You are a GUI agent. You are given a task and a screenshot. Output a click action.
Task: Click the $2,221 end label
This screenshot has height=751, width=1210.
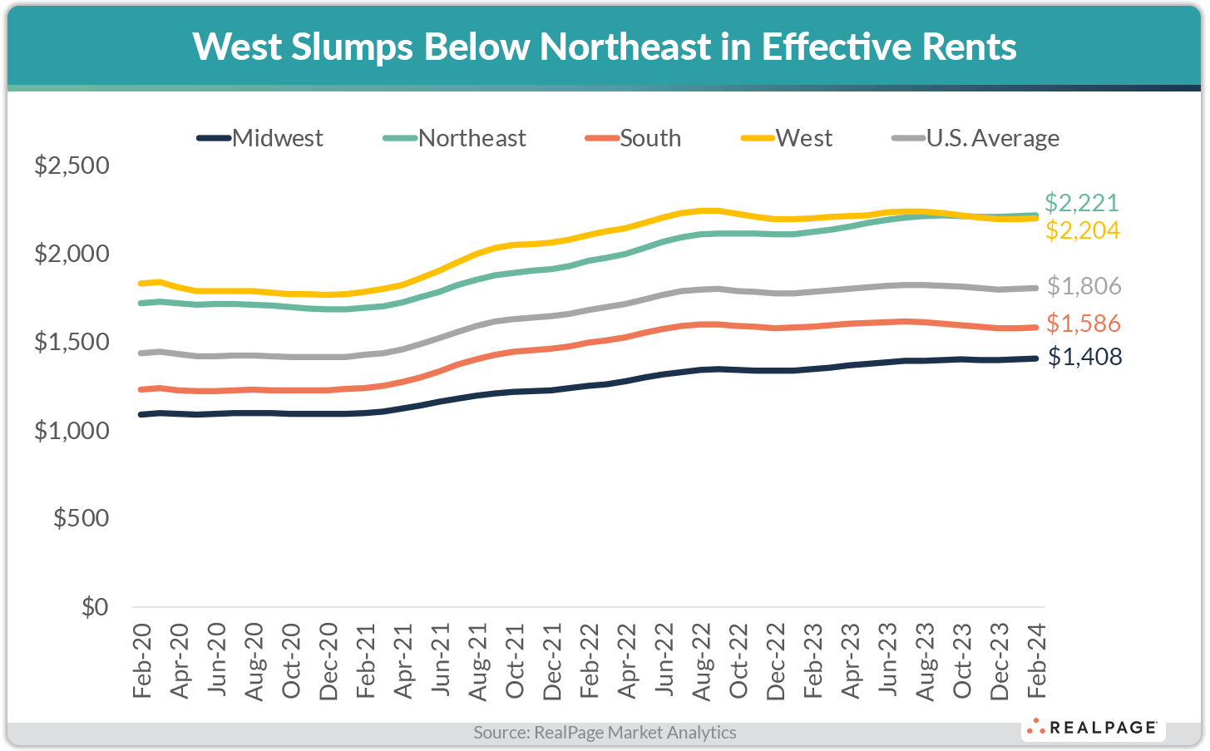pyautogui.click(x=1082, y=203)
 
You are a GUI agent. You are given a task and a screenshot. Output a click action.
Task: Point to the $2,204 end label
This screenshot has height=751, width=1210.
pyautogui.click(x=1082, y=230)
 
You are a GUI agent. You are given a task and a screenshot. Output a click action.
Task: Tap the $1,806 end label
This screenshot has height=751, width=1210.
pyautogui.click(x=1084, y=286)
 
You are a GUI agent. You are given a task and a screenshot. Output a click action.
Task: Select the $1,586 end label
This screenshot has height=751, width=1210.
pyautogui.click(x=1084, y=323)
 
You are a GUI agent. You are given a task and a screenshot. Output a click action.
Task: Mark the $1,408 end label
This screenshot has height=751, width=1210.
pyautogui.click(x=1084, y=357)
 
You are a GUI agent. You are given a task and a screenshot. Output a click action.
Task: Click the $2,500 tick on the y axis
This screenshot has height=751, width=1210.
pyautogui.click(x=72, y=166)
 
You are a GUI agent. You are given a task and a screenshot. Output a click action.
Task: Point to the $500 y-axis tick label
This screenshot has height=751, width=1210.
pyautogui.click(x=81, y=518)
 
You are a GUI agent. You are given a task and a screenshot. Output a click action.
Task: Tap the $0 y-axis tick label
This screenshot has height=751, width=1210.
pyautogui.click(x=95, y=607)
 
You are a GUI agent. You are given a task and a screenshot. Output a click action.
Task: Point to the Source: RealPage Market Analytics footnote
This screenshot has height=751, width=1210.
pyautogui.click(x=605, y=733)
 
